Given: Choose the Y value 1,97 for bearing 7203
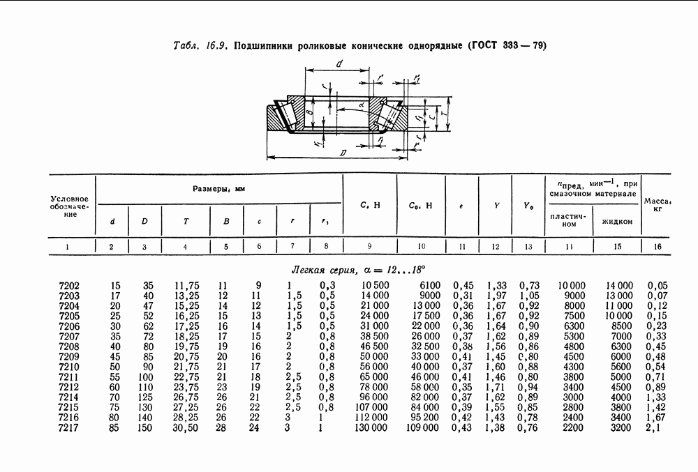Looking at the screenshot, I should point(496,295).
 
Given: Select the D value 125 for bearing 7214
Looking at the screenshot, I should point(144,397).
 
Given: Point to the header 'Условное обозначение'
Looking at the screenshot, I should point(73,206).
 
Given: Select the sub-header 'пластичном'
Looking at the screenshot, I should point(569,221).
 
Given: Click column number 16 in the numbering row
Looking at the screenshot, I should point(657,246).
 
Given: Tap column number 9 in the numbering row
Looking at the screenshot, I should point(369,246).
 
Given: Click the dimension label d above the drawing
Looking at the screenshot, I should point(338,64).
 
